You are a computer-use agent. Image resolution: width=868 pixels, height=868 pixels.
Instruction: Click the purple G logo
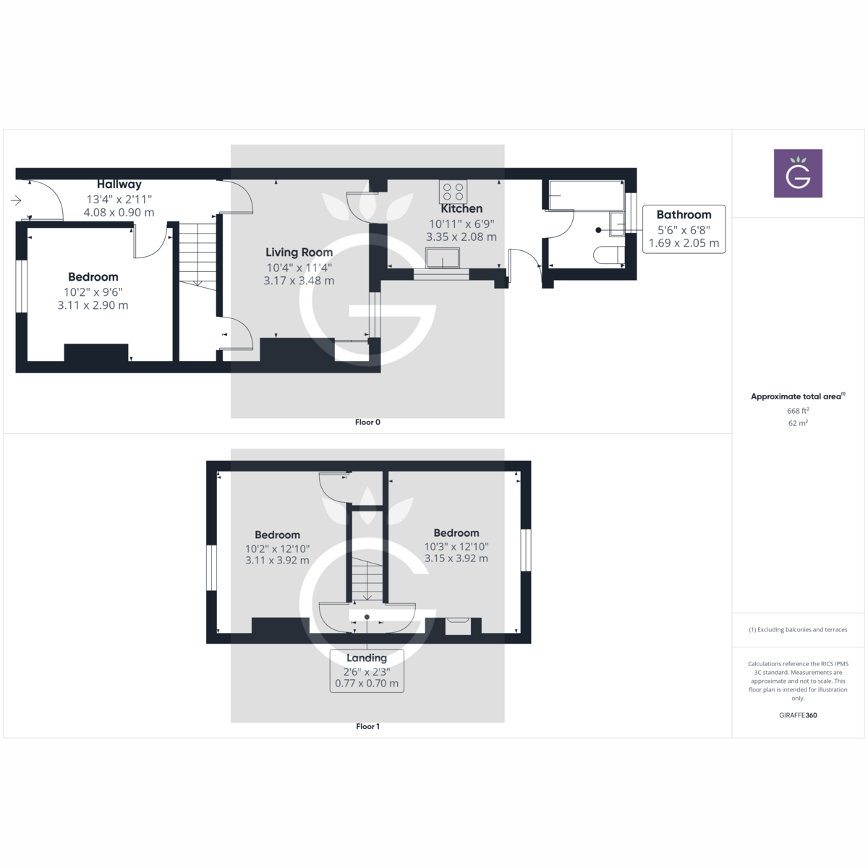pyautogui.click(x=798, y=174)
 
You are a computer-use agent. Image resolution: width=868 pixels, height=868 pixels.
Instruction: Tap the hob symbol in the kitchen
pyautogui.click(x=454, y=192)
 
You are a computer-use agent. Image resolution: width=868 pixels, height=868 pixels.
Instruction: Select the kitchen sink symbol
pyautogui.click(x=443, y=258)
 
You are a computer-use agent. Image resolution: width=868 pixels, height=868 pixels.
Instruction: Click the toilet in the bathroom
pyautogui.click(x=608, y=255)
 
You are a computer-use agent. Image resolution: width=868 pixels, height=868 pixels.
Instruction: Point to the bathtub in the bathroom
pyautogui.click(x=586, y=195)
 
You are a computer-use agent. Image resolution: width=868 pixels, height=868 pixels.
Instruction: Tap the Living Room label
pyautogui.click(x=299, y=252)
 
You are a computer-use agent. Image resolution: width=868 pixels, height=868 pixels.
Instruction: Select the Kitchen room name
pyautogui.click(x=461, y=209)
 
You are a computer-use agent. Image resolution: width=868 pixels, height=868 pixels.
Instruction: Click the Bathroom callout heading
pyautogui.click(x=684, y=215)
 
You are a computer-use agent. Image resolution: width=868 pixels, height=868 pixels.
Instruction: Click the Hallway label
pyautogui.click(x=119, y=184)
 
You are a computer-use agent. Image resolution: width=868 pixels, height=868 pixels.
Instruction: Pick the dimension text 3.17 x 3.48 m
pyautogui.click(x=299, y=281)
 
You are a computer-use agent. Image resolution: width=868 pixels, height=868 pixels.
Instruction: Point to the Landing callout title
pyautogui.click(x=366, y=658)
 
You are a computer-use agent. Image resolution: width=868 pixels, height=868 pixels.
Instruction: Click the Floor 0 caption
pyautogui.click(x=367, y=422)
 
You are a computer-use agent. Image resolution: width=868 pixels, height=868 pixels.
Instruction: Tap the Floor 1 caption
pyautogui.click(x=367, y=726)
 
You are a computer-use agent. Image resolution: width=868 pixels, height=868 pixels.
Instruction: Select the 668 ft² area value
pyautogui.click(x=798, y=411)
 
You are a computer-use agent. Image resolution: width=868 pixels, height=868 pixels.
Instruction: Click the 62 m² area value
pyautogui.click(x=798, y=423)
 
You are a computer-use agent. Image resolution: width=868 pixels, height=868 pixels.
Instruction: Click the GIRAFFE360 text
pyautogui.click(x=798, y=715)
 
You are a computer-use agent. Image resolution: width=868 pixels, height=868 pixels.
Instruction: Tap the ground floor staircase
pyautogui.click(x=197, y=257)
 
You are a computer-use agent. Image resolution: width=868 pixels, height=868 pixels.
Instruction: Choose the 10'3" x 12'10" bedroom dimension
pyautogui.click(x=456, y=547)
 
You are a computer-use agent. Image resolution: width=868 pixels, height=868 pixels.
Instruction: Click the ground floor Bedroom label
pyautogui.click(x=93, y=277)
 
